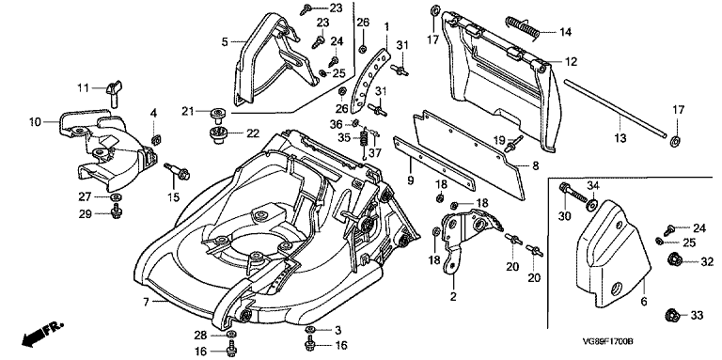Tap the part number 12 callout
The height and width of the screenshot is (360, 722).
[x=571, y=61]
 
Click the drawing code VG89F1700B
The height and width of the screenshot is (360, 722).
[x=608, y=342]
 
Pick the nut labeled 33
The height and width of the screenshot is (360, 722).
[x=673, y=316]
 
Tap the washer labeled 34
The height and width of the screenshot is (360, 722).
[x=590, y=203]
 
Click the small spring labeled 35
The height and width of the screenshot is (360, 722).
[x=363, y=137]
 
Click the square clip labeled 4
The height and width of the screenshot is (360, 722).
[x=155, y=139]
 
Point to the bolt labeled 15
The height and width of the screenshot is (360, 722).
[x=178, y=171]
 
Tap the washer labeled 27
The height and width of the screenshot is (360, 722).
[x=116, y=197]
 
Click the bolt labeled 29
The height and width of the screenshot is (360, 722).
[x=116, y=213]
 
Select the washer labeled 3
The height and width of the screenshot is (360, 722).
[x=310, y=330]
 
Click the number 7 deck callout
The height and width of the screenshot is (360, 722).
[x=146, y=303]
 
